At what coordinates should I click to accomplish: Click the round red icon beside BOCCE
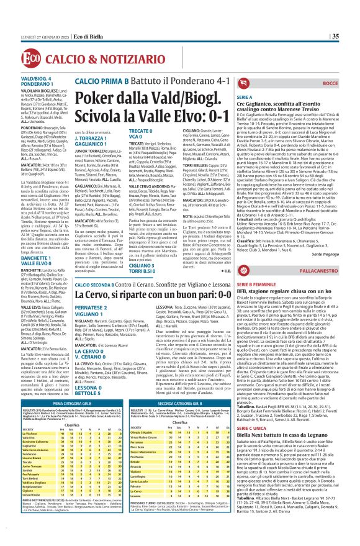coord(329,83)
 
